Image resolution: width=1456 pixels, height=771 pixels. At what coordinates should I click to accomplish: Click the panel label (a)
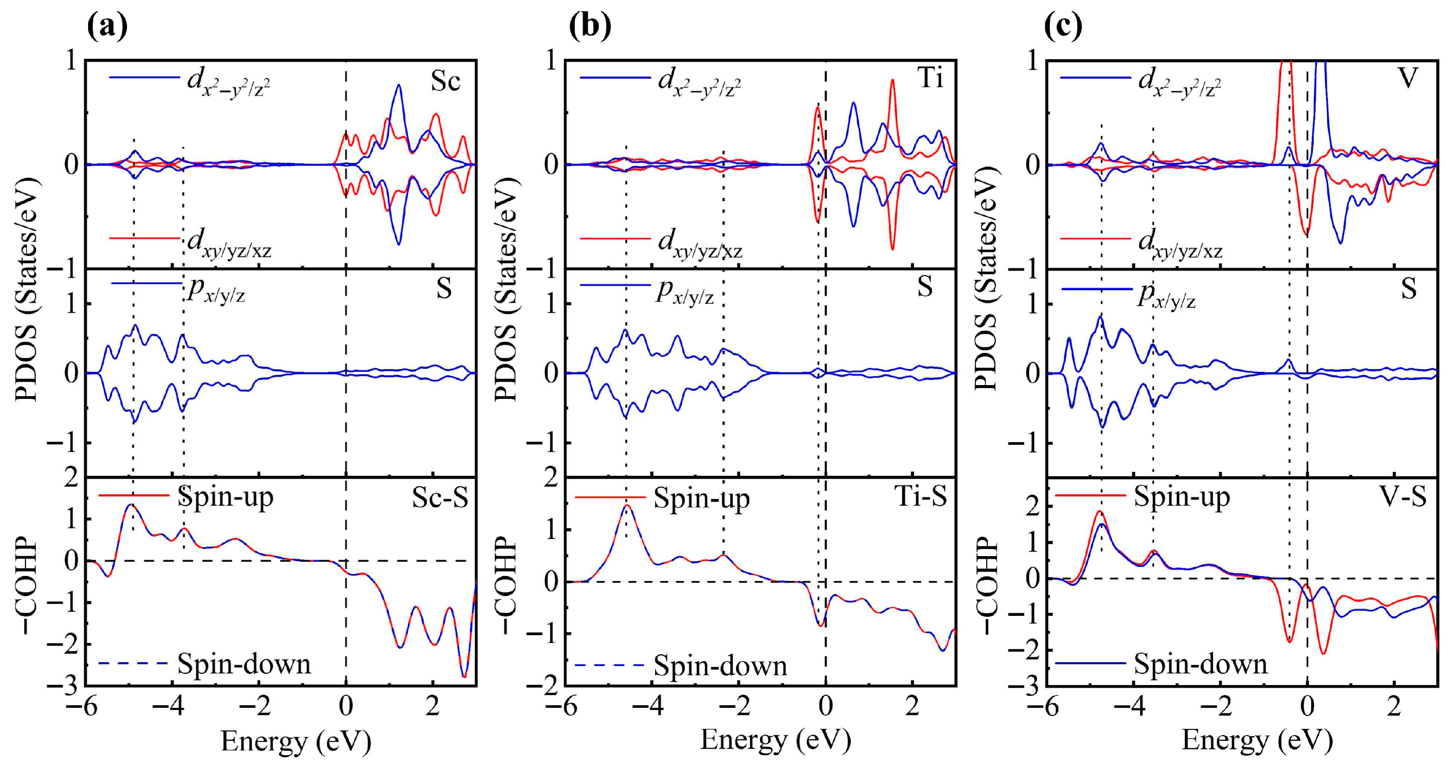coord(107,25)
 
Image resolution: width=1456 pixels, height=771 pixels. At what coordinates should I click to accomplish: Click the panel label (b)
coord(589,25)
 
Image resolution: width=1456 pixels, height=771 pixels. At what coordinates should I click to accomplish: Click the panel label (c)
coord(1063,25)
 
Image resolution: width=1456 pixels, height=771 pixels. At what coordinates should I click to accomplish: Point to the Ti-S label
coord(920,497)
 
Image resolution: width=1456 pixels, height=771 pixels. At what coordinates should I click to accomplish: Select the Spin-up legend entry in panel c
coord(1181,497)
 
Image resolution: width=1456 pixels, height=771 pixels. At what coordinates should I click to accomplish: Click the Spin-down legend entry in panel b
coord(720,666)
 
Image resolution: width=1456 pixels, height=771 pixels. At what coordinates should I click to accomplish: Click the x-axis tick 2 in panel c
coord(1394,707)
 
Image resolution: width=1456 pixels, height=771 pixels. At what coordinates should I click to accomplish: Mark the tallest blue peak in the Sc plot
coord(398,86)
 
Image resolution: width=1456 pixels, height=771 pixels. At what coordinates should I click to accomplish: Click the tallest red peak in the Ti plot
coord(892,80)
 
